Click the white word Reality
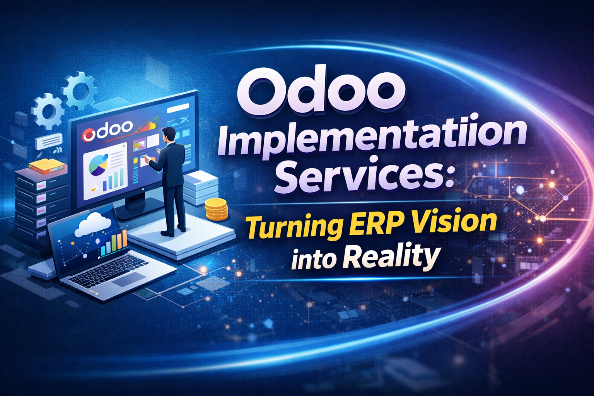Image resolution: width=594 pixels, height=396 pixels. [391, 258]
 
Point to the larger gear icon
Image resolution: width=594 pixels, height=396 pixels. [80, 90]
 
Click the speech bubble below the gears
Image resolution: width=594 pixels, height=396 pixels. [49, 141]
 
